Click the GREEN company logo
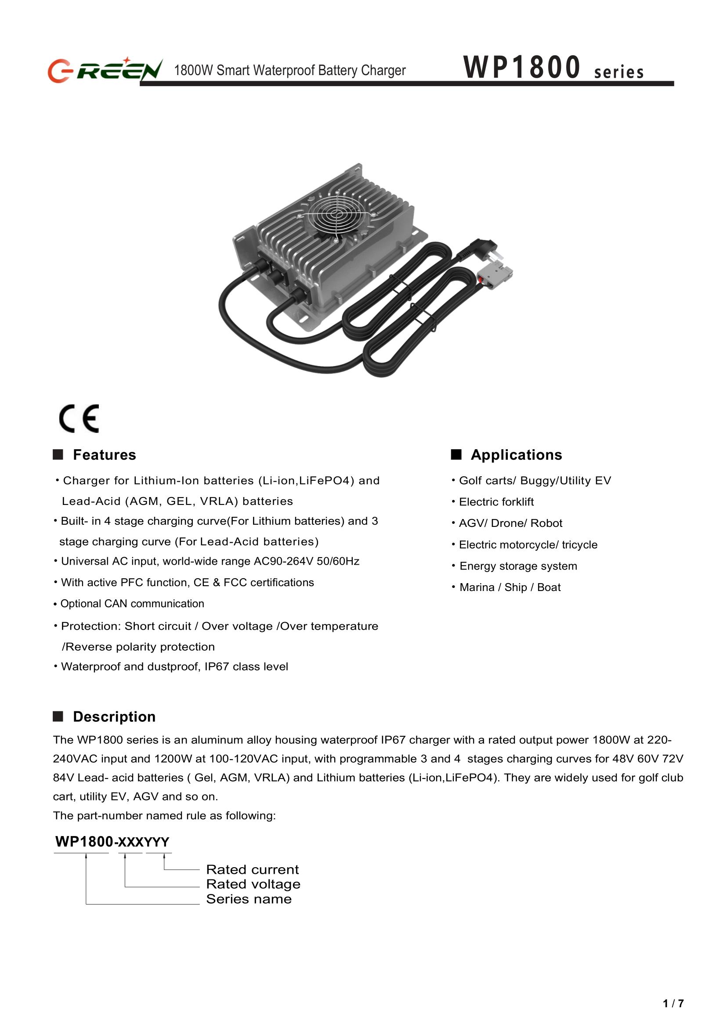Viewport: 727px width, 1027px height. click(105, 70)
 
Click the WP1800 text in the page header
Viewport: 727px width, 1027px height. click(522, 68)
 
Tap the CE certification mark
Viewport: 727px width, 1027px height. click(79, 418)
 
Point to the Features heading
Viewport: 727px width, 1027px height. click(104, 454)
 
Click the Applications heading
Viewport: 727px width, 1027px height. click(516, 454)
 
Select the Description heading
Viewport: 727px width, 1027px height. click(114, 717)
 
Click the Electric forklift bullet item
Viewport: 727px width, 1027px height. click(496, 501)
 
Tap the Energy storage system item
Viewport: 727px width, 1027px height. click(518, 566)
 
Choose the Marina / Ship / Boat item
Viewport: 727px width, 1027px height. click(510, 587)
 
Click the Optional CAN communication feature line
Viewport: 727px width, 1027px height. click(132, 604)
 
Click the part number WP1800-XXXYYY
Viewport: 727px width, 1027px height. click(112, 842)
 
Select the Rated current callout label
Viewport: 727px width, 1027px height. click(252, 869)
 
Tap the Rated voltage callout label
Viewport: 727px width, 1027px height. click(253, 884)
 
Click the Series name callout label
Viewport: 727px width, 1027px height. click(249, 899)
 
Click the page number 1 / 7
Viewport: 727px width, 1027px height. click(673, 1004)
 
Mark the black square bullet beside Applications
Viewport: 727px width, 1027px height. click(456, 454)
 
